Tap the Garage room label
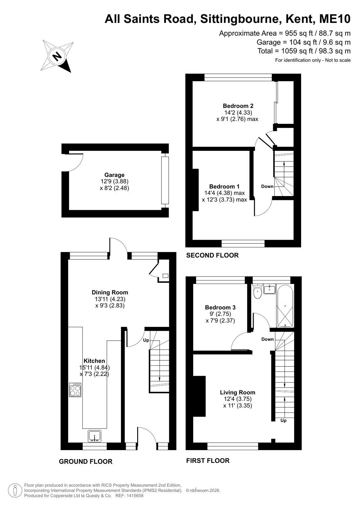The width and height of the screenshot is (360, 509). pyautogui.click(x=114, y=175)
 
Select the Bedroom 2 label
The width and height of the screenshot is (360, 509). pyautogui.click(x=238, y=106)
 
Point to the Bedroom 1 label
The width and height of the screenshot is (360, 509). pyautogui.click(x=224, y=187)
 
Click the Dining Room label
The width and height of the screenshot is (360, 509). pyautogui.click(x=110, y=293)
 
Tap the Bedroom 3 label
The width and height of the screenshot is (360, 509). pyautogui.click(x=220, y=308)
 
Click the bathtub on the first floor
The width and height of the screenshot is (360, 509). pyautogui.click(x=285, y=306)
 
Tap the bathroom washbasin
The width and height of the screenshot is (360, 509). pyautogui.click(x=270, y=289)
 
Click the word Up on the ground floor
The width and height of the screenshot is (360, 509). pyautogui.click(x=146, y=340)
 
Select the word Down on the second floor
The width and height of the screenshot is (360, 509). pyautogui.click(x=267, y=187)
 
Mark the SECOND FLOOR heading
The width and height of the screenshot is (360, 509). pyautogui.click(x=213, y=255)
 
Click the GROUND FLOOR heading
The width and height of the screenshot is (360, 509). pyautogui.click(x=86, y=462)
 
